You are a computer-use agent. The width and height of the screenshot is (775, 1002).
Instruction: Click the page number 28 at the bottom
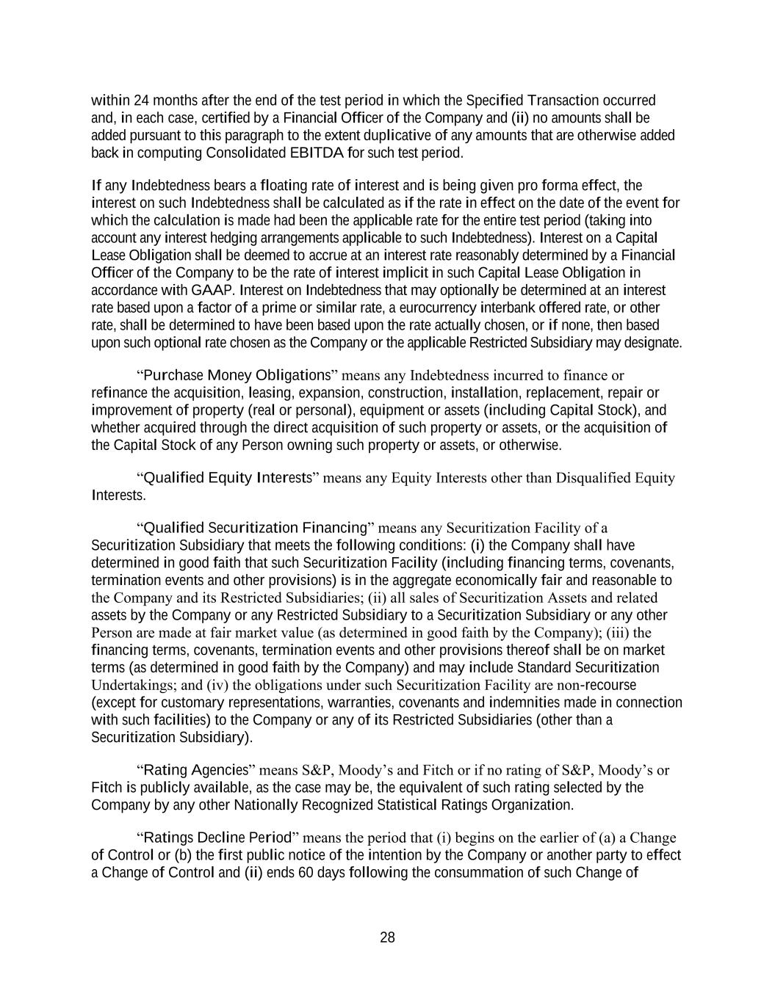coord(387,937)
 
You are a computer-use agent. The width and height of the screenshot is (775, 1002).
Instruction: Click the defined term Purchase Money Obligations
coord(237,376)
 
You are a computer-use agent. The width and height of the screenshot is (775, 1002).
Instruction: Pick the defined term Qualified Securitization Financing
coord(255,528)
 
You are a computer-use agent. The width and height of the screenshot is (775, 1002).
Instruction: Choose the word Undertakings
coord(130,685)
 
